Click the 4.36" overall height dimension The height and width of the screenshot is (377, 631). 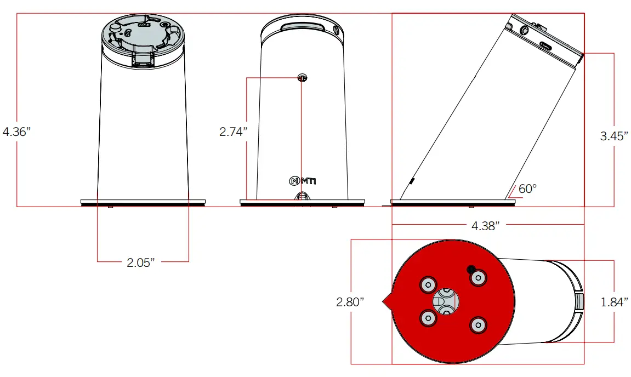tap(16, 132)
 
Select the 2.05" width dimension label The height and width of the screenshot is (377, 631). tap(141, 262)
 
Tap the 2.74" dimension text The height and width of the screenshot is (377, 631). tap(233, 132)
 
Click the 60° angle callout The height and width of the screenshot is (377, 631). tap(527, 189)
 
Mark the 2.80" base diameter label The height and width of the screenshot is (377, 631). tap(350, 302)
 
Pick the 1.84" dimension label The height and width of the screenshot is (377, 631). tap(614, 302)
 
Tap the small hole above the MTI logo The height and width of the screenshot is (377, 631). tap(302, 78)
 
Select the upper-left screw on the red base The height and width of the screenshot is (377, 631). tap(427, 284)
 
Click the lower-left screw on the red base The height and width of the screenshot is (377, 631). tap(427, 318)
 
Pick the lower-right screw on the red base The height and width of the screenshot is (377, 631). tap(478, 325)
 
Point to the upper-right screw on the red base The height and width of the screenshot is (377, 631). tap(479, 278)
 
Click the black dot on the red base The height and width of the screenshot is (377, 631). tap(470, 269)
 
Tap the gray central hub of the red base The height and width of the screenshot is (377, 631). tap(446, 301)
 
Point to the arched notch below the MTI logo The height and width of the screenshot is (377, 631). tap(302, 196)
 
